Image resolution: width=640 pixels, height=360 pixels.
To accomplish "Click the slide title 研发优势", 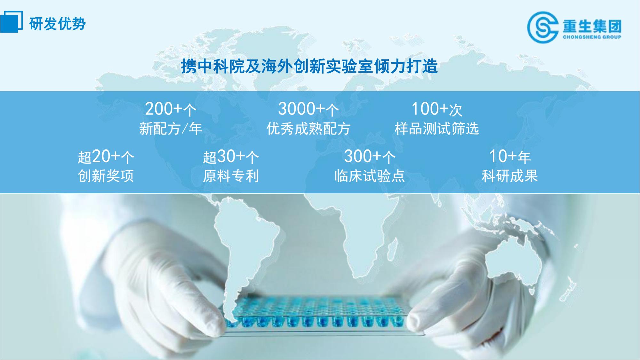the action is tap(58, 23).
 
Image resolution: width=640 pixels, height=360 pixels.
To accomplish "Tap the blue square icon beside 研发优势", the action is tap(11, 21).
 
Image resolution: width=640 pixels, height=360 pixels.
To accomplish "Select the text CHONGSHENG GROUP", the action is tap(592, 37).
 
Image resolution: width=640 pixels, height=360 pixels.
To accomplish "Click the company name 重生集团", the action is tap(592, 26).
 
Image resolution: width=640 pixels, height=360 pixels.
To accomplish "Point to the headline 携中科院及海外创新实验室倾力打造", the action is tap(309, 66).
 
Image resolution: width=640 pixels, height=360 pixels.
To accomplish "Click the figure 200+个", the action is tap(171, 109).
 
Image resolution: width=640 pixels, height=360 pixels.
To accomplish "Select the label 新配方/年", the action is tap(171, 129).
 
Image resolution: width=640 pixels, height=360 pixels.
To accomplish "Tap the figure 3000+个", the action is tap(308, 109).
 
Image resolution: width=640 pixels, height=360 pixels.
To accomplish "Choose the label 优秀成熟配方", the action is tap(308, 129).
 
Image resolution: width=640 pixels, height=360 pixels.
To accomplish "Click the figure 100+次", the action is tap(437, 109).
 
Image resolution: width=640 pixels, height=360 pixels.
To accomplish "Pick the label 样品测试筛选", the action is tap(437, 129).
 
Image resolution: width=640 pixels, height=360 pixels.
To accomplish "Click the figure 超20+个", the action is tap(106, 157).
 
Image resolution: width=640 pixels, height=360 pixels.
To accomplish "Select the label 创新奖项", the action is tap(106, 176).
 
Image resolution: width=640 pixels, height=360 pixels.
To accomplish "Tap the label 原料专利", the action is tap(231, 176).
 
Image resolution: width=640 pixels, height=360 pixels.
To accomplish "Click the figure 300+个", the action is tap(370, 157).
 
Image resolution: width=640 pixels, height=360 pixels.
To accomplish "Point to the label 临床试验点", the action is tap(370, 176).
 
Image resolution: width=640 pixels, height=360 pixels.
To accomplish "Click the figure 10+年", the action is tap(510, 157).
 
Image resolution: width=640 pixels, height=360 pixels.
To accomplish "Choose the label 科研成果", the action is tap(510, 176).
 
